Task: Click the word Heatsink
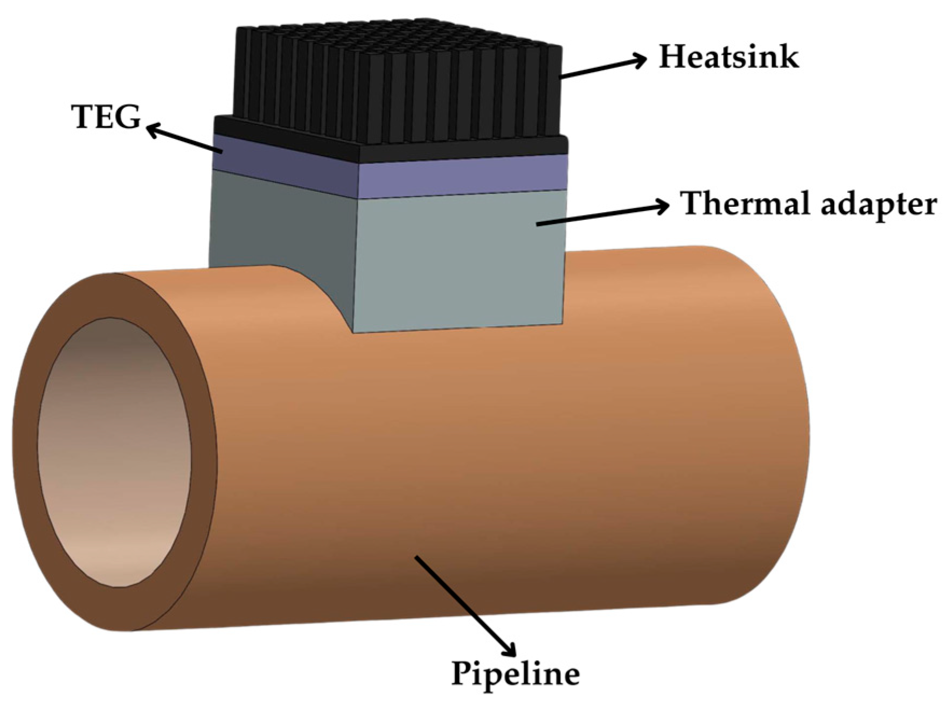click(x=728, y=57)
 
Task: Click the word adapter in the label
click(x=873, y=205)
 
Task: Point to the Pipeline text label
click(x=515, y=673)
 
